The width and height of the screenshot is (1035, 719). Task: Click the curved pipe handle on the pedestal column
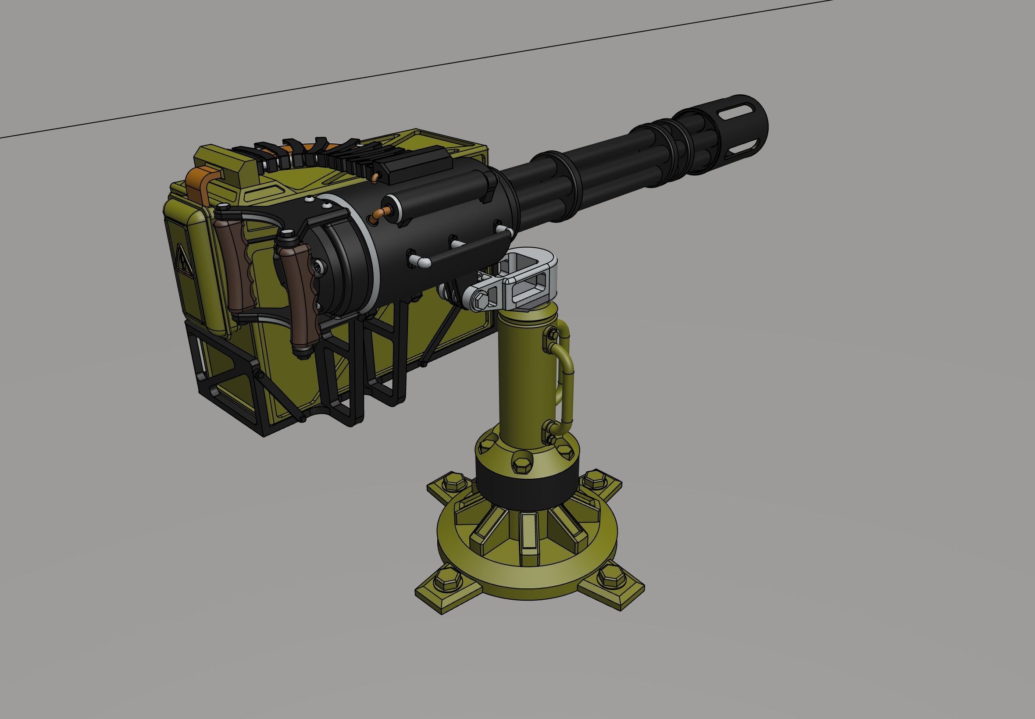(565, 381)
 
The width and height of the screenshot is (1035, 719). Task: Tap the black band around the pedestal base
(525, 493)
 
